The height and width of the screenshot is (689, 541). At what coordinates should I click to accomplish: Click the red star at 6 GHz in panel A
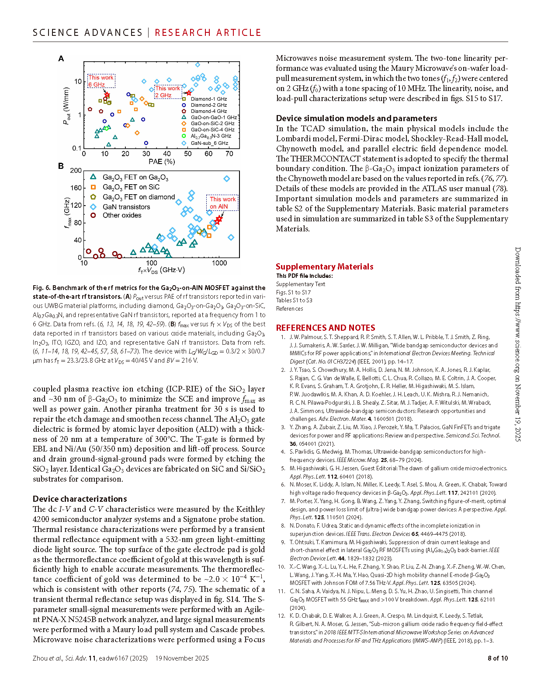click(x=107, y=95)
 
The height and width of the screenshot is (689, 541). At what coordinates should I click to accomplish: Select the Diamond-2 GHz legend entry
click(x=208, y=105)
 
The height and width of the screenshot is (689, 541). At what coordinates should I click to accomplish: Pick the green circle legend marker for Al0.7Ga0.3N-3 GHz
click(x=184, y=136)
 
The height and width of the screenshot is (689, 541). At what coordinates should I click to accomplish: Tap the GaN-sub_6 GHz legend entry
click(x=209, y=143)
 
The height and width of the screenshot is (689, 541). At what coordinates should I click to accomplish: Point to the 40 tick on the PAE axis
click(x=167, y=154)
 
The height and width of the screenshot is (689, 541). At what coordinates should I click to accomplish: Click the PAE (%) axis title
click(x=162, y=161)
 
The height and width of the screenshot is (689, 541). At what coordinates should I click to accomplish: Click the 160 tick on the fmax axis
click(x=76, y=188)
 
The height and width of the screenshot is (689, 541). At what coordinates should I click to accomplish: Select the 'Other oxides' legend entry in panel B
click(x=122, y=215)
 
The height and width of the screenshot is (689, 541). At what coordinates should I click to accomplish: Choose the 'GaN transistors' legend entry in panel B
click(x=126, y=207)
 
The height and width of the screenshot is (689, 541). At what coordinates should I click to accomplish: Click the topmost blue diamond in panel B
click(x=226, y=178)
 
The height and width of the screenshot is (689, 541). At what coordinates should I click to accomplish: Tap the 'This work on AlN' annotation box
click(x=223, y=203)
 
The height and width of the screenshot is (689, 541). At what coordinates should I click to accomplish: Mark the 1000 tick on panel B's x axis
click(x=219, y=263)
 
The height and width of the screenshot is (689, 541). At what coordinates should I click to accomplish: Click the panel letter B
click(x=61, y=166)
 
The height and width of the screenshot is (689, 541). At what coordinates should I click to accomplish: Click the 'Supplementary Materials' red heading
click(x=324, y=266)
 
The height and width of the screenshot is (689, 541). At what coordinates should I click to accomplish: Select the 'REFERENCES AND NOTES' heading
click(x=325, y=328)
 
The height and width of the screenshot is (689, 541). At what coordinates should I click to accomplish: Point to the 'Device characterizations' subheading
click(x=80, y=499)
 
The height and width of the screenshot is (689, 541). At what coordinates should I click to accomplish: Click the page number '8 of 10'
click(x=497, y=658)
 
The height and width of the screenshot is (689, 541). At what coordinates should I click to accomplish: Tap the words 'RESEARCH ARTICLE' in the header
click(x=208, y=33)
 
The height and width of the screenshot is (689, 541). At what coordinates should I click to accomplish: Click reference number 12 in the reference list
click(x=282, y=616)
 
